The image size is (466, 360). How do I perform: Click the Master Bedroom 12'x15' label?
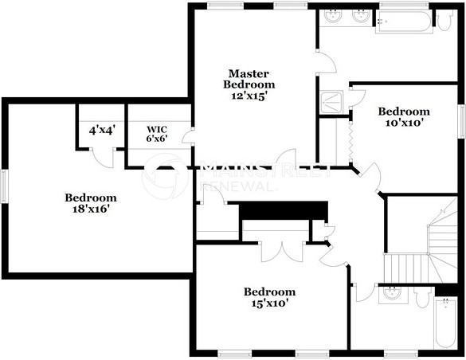249,84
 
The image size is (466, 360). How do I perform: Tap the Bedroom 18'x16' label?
91,203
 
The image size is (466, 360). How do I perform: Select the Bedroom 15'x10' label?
269,297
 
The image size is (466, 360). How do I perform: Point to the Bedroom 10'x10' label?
404,117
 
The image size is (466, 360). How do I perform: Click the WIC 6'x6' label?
157,133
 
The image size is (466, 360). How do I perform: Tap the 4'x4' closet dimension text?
102,129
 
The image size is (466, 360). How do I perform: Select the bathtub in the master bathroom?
404,22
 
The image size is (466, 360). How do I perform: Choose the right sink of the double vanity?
362,15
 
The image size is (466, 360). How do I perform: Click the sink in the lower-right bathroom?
391,293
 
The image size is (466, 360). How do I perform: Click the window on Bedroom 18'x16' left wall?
3,185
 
